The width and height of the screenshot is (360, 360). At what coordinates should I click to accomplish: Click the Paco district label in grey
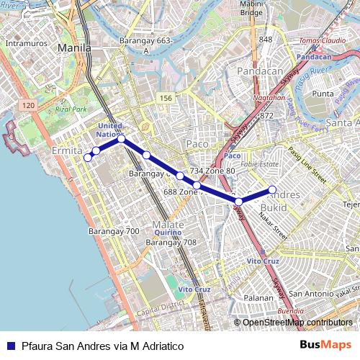(197, 144)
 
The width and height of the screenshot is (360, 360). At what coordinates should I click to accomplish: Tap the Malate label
(168, 225)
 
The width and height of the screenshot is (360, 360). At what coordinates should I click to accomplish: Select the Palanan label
(258, 297)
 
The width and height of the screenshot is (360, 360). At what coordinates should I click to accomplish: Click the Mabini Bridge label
(251, 8)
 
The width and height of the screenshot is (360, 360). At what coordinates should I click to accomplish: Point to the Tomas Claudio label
(318, 40)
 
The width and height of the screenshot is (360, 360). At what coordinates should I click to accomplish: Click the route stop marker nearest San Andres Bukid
(273, 190)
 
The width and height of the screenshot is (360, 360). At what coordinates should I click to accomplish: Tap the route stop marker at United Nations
(122, 138)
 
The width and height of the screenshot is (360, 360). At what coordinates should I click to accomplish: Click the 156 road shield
(166, 98)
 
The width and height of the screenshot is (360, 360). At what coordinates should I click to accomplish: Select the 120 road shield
(28, 105)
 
